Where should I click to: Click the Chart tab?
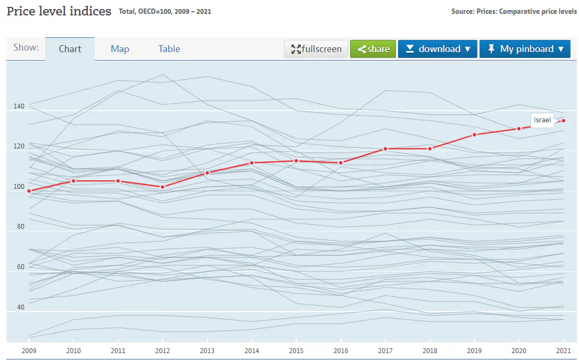click(x=70, y=49)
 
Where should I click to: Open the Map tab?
click(x=120, y=49)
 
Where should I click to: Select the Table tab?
click(x=169, y=49)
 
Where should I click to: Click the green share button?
click(x=373, y=49)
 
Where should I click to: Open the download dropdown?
click(x=437, y=49)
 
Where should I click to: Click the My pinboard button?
click(x=525, y=49)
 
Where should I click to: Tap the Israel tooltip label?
click(x=542, y=120)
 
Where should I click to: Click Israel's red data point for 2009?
click(x=29, y=191)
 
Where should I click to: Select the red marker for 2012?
click(x=163, y=187)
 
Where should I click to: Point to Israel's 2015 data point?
click(x=296, y=161)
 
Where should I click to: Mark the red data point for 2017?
click(x=385, y=149)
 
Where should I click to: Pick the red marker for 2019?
click(x=474, y=135)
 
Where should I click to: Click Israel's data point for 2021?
click(x=564, y=121)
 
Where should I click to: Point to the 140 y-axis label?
click(x=19, y=106)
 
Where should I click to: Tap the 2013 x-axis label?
click(x=207, y=351)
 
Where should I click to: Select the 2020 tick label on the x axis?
click(x=519, y=351)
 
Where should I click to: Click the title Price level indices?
click(x=59, y=11)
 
